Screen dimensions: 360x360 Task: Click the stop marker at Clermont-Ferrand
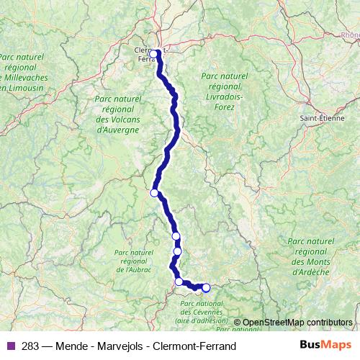pyautogui.click(x=153, y=53)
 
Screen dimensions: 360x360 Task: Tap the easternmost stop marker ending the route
pyautogui.click(x=206, y=288)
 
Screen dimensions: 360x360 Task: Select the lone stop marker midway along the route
pyautogui.click(x=154, y=193)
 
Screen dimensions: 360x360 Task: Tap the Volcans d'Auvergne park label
pyautogui.click(x=117, y=114)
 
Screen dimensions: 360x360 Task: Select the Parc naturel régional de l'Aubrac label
pyautogui.click(x=134, y=261)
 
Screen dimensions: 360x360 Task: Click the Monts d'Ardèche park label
pyautogui.click(x=311, y=257)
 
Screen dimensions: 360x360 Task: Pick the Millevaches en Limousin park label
pyautogui.click(x=23, y=71)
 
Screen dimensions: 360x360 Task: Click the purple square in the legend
pyautogui.click(x=11, y=346)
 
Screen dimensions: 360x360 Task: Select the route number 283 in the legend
pyautogui.click(x=30, y=346)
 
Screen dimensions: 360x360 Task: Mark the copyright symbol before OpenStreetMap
pyautogui.click(x=238, y=322)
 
